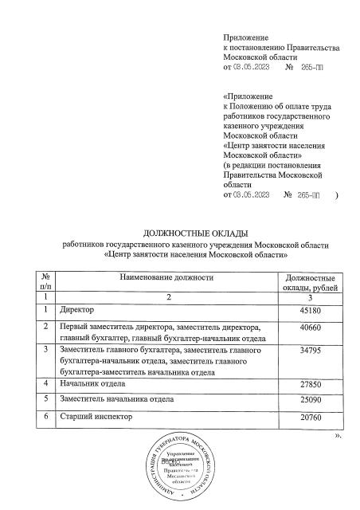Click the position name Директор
point(77,310)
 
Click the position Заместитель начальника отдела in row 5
point(117,399)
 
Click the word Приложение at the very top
point(247,37)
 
